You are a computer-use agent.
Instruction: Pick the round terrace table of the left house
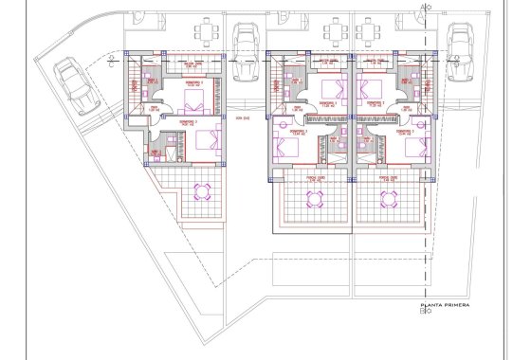(x=200, y=193)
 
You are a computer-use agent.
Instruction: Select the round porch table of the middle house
(x=315, y=198)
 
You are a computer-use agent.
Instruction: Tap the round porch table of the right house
(x=389, y=198)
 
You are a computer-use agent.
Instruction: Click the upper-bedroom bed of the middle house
(x=330, y=93)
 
